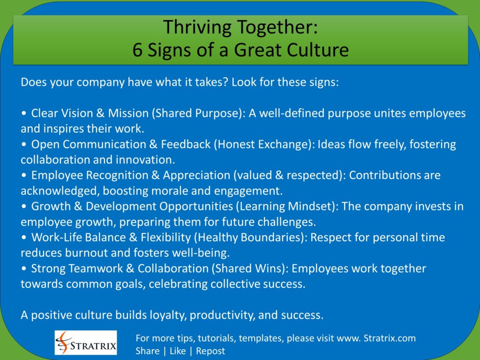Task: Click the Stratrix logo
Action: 86,342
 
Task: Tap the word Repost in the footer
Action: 210,351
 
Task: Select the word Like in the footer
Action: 178,351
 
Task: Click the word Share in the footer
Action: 147,351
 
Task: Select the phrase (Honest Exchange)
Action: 264,144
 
